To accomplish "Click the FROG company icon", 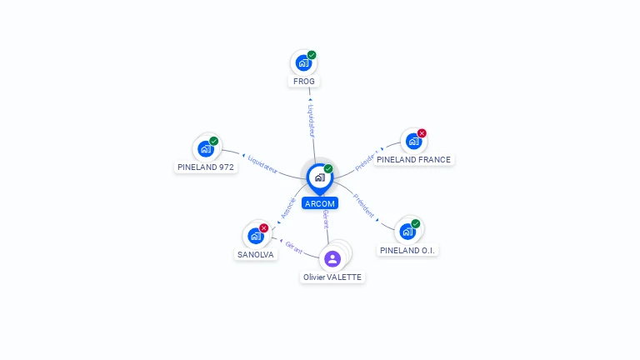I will (303, 62).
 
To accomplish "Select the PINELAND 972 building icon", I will (205, 149).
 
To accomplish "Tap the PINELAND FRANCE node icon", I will (413, 142).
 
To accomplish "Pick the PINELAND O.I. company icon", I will (407, 231).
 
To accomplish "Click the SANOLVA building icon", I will (255, 236).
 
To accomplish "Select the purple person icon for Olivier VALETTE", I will (332, 258).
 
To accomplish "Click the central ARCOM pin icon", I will (319, 177).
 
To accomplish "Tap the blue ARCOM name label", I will (320, 203).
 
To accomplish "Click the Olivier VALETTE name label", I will (332, 277).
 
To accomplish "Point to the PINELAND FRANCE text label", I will (413, 160).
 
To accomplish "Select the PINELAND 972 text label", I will (206, 167).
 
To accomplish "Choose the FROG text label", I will (304, 82).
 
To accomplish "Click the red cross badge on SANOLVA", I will (264, 227).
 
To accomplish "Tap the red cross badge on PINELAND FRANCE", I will (422, 133).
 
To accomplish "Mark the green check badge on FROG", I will (312, 55).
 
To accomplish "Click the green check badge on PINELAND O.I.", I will (415, 223).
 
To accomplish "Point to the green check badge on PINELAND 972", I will (214, 141).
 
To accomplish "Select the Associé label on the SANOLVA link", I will (287, 207).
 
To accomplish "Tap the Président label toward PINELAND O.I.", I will (364, 205).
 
